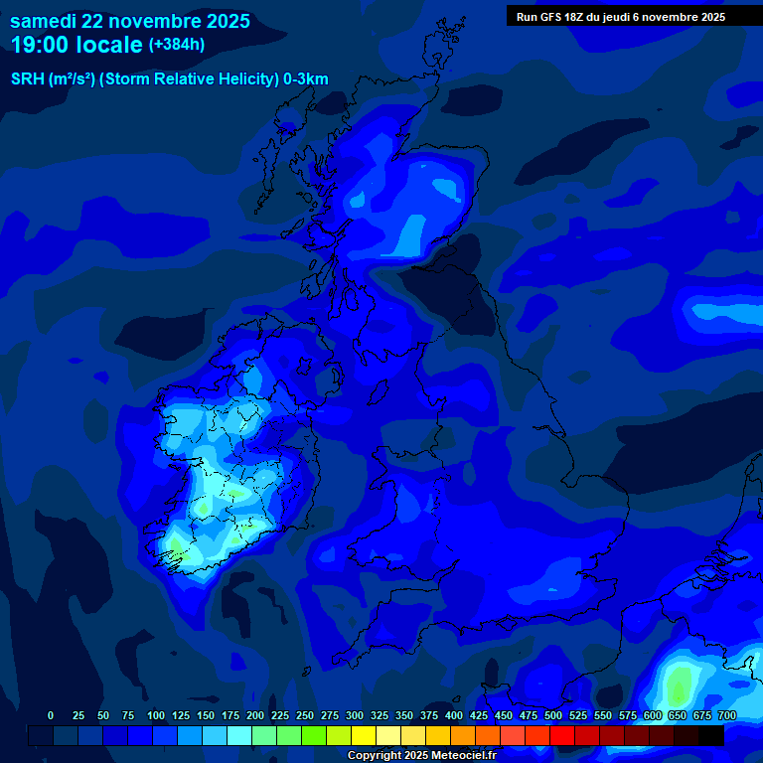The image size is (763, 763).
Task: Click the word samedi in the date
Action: tap(45, 21)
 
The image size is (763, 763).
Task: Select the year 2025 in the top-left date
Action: tap(225, 21)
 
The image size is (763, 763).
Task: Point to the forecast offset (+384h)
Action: tap(177, 44)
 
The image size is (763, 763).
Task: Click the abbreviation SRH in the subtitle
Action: tap(29, 79)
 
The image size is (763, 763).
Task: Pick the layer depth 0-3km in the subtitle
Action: tap(306, 79)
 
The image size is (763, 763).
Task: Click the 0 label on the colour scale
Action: tap(51, 715)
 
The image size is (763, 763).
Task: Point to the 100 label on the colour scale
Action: tap(156, 715)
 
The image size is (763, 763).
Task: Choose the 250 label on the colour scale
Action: tap(305, 715)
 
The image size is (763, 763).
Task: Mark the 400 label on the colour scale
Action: tap(454, 715)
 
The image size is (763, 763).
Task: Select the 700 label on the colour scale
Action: tap(726, 715)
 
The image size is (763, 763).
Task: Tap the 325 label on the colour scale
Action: tap(380, 715)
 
